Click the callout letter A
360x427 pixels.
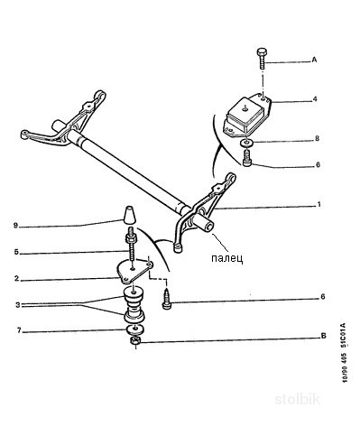point(314,60)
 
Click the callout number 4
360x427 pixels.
point(315,98)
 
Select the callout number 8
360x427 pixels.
point(317,139)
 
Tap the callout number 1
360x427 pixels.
point(319,205)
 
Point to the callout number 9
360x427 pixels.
point(16,226)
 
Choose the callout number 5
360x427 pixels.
point(16,252)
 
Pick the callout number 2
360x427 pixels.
point(16,279)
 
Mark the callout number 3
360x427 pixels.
point(18,305)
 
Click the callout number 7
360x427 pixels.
point(19,330)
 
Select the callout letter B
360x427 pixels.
point(324,336)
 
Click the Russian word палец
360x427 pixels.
point(226,258)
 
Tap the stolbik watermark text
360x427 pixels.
point(297,399)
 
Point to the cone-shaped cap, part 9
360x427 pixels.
point(129,215)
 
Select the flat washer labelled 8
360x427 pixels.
point(247,142)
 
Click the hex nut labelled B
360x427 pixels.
point(135,341)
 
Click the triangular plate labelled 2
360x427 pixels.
point(133,271)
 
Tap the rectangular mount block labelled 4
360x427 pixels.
point(246,116)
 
